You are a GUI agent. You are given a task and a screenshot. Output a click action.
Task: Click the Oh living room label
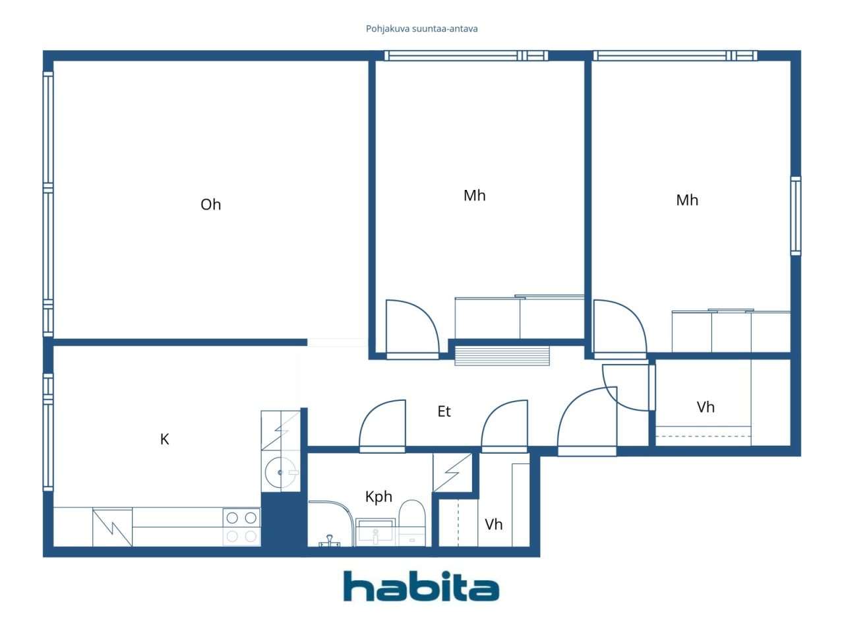pos(211,204)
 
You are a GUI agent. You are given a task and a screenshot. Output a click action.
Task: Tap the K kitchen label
pos(165,439)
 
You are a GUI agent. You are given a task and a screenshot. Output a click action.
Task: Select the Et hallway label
pos(444,411)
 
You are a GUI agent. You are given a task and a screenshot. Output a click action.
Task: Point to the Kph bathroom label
pos(378,497)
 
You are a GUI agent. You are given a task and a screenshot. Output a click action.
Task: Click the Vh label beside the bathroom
pos(493,524)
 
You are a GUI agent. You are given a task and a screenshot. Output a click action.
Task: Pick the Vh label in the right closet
pos(706,407)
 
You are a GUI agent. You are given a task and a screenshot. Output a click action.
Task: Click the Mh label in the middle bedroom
pos(475,196)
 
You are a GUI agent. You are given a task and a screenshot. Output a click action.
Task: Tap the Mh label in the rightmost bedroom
pos(687,200)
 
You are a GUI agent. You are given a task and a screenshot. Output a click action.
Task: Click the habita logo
pos(421,586)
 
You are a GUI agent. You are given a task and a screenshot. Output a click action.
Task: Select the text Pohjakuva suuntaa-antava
pos(421,29)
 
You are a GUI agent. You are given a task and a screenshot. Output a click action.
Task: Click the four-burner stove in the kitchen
pos(241,527)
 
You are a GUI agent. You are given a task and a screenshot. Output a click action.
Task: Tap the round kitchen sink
pos(280,472)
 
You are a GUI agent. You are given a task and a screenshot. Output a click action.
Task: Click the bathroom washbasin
pos(375,531)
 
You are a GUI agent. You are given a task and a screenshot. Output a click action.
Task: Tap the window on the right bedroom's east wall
pos(796,216)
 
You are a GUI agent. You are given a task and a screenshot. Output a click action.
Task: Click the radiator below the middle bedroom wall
pos(502,355)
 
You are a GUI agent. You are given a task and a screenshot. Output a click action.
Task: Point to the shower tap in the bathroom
pos(330,541)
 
